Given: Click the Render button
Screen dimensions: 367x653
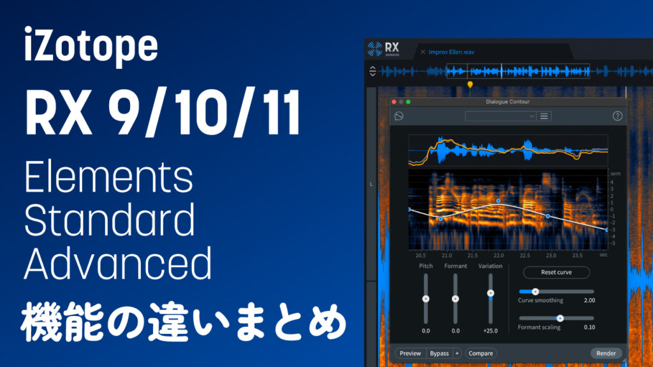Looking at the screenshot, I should tap(606, 353).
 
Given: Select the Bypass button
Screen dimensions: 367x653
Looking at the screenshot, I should tap(439, 353).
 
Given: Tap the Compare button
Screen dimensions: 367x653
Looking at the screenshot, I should tap(481, 353).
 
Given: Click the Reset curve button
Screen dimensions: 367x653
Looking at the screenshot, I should tap(556, 272).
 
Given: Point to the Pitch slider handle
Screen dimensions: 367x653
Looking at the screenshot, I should tap(426, 298).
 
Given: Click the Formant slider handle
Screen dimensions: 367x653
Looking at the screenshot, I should tap(455, 298).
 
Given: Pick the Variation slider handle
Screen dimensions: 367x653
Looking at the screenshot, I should tap(490, 293).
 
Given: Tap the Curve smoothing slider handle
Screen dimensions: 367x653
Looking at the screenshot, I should tap(535, 291).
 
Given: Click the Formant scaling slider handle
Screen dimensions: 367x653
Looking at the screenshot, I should tap(560, 318).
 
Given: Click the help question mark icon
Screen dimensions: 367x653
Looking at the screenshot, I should tap(617, 116).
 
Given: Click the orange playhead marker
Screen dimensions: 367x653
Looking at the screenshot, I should tap(470, 84).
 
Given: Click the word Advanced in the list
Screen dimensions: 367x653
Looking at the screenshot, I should tap(117, 263).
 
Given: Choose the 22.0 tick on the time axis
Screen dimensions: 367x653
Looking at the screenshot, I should tap(499, 255).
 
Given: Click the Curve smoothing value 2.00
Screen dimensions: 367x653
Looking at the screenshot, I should tap(589, 300).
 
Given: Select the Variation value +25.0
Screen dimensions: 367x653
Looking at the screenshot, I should tap(490, 331).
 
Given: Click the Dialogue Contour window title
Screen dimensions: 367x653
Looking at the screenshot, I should tap(508, 102).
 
